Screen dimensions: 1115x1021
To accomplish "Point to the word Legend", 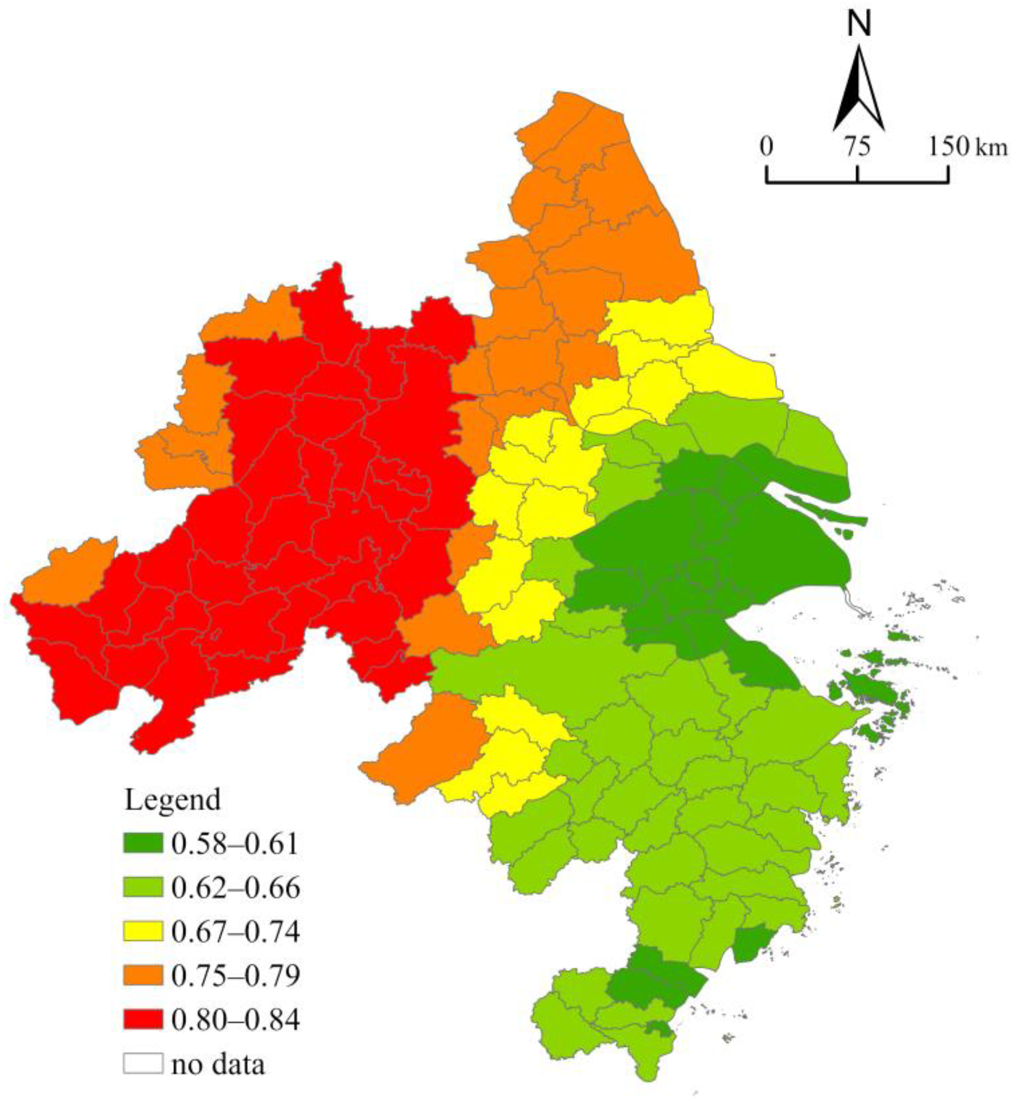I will [172, 801].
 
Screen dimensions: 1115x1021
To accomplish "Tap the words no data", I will [218, 1064].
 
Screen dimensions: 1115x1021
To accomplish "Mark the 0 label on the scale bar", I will [766, 147].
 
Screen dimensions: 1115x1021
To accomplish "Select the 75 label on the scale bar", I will [857, 147].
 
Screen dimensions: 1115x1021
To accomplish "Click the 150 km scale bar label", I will [967, 147].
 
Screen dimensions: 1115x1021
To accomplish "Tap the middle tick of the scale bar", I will [857, 174].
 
